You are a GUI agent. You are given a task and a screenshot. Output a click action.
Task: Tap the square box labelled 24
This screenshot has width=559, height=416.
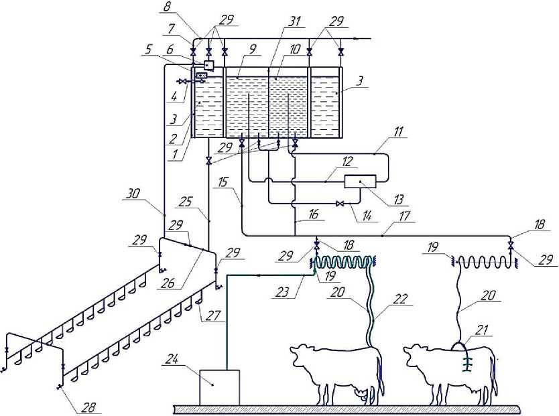220,387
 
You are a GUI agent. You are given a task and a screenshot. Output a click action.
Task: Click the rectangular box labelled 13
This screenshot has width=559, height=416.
361,182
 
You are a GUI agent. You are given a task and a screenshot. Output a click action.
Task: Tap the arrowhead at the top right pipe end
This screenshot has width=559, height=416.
367,38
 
